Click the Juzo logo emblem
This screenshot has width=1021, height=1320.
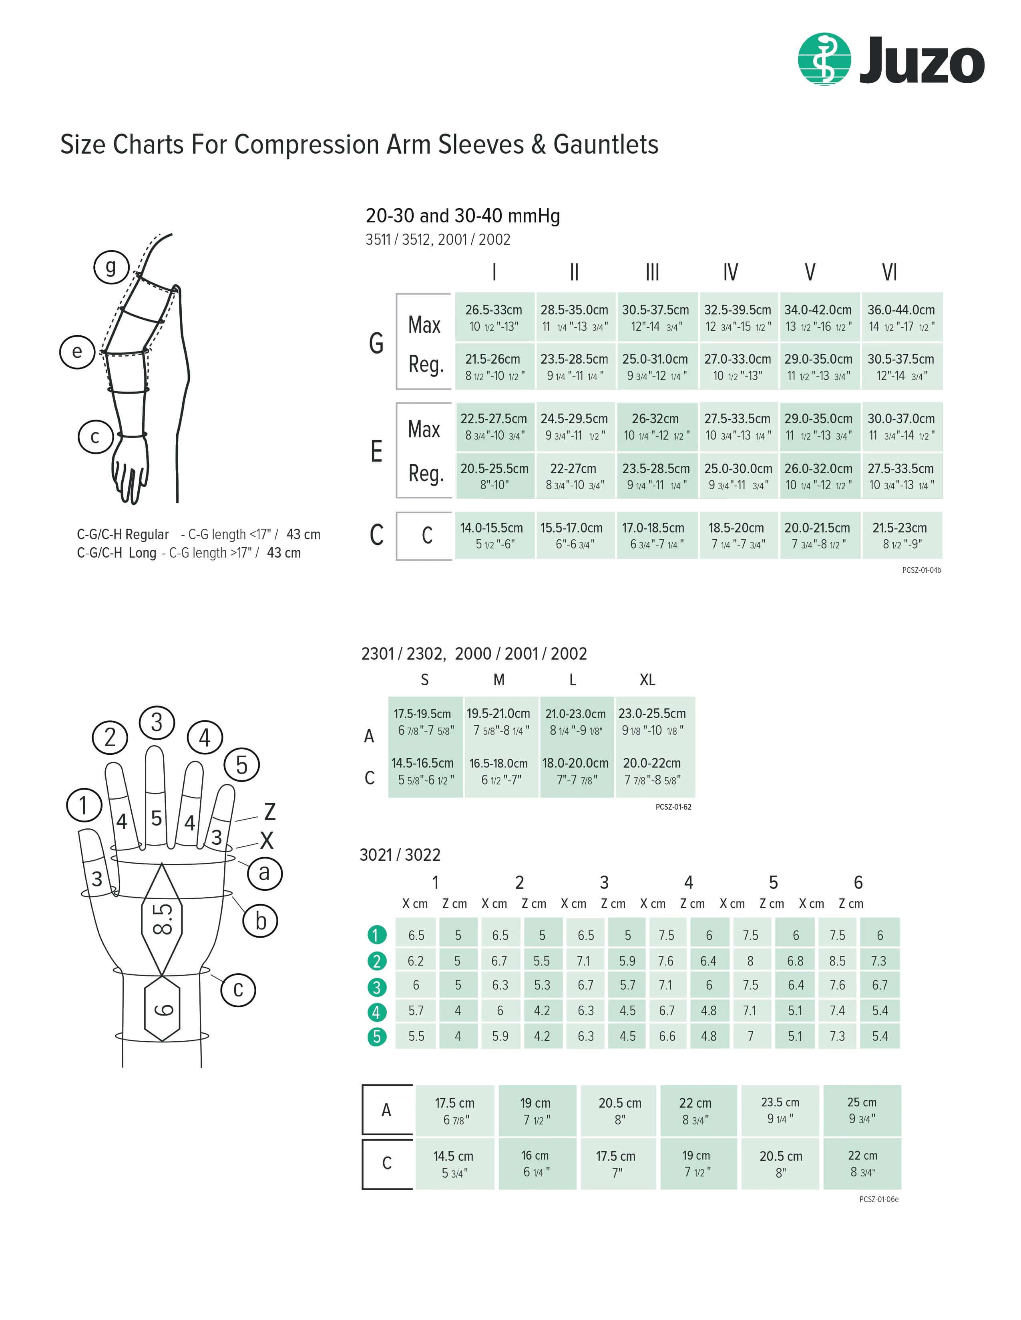[824, 59]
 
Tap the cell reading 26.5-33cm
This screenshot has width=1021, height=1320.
[494, 317]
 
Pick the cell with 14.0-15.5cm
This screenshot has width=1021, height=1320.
[492, 536]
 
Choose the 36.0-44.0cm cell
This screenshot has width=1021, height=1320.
[900, 317]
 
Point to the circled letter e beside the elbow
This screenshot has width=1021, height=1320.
[77, 352]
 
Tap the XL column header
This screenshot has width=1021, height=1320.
[647, 680]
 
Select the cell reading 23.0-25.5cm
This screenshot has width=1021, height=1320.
[652, 721]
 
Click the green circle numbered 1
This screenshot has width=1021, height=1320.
[376, 935]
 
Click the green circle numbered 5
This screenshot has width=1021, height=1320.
[376, 1036]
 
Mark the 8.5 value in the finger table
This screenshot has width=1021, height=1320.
[837, 961]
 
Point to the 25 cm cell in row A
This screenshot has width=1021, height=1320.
[861, 1110]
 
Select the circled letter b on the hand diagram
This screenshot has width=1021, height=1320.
[260, 921]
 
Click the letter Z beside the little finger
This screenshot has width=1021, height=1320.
[270, 812]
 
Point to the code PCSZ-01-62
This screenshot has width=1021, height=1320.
[673, 807]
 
